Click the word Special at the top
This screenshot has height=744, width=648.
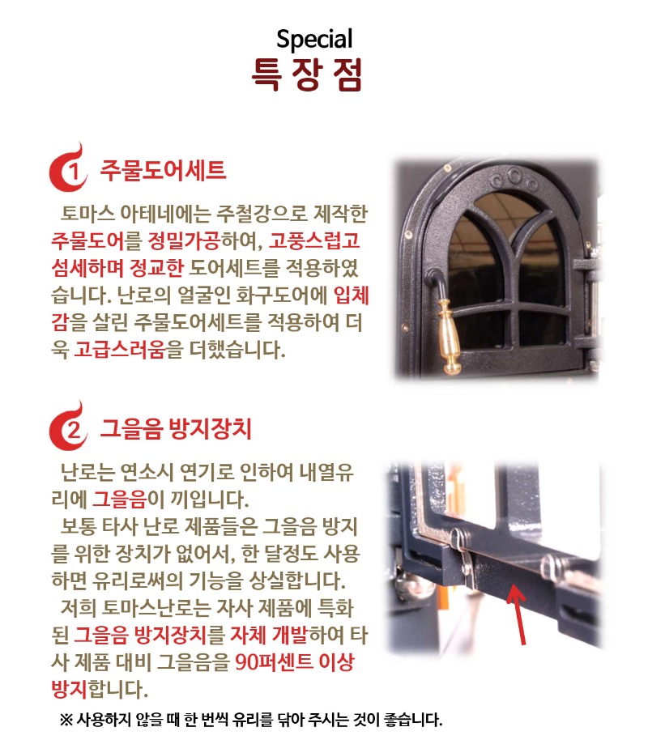(314, 38)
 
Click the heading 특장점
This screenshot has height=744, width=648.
(307, 74)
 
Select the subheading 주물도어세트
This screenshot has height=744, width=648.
(163, 171)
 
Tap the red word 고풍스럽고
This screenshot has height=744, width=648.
(315, 240)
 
